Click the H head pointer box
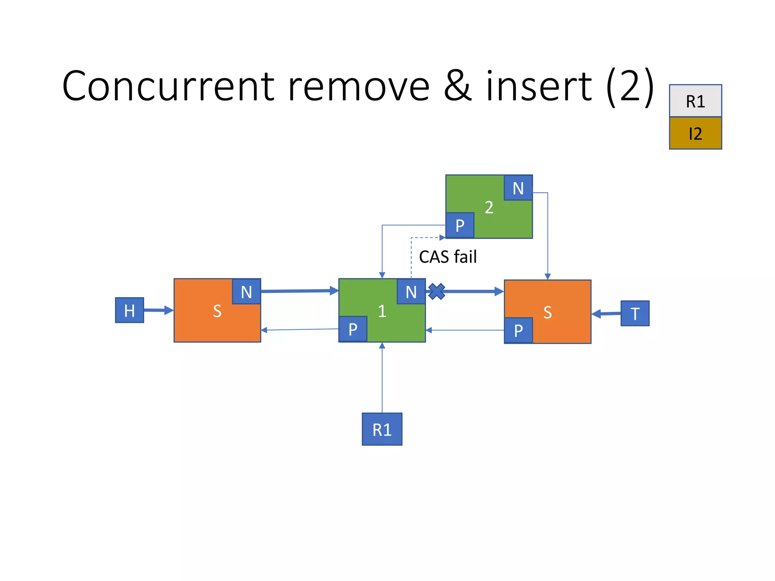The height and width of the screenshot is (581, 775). (129, 310)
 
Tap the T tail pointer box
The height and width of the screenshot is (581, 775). (635, 313)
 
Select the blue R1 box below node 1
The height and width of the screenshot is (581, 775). (382, 429)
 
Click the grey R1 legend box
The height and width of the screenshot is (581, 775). (695, 101)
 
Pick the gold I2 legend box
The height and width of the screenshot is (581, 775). (695, 133)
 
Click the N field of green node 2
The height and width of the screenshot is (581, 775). (518, 188)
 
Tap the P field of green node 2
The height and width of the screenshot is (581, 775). (460, 225)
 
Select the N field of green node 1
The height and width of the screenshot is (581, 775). (411, 292)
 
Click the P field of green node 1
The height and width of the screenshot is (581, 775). (353, 329)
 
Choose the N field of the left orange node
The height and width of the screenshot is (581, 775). (246, 292)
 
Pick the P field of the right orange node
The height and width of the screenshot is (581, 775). (518, 330)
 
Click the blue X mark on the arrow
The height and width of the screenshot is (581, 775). (437, 292)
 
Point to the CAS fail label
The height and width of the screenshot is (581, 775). (448, 257)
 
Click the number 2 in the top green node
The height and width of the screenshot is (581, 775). (489, 207)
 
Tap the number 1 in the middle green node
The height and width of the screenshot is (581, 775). (382, 311)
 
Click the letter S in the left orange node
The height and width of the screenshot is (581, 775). (217, 311)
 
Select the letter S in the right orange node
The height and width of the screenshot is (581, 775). (548, 312)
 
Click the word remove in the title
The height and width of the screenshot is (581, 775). (358, 87)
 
